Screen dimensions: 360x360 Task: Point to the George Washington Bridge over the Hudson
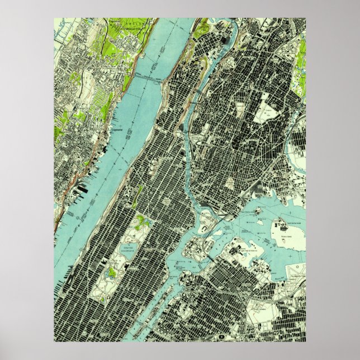[149, 80]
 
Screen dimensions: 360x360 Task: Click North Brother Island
[263, 210]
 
